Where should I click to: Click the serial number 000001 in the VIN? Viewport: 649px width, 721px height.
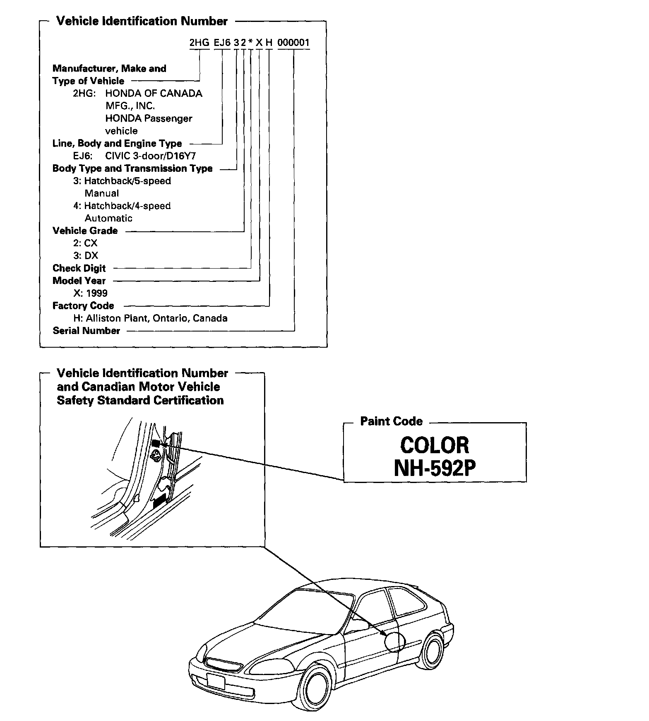point(293,43)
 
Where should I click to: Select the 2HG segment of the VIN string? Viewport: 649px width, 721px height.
point(199,43)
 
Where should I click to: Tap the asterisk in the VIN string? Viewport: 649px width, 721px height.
point(251,43)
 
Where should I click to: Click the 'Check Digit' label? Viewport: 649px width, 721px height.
point(79,268)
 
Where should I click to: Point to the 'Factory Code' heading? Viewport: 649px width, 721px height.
point(83,306)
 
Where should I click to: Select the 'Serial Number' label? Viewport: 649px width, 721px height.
point(86,331)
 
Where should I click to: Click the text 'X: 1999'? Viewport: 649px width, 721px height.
point(90,293)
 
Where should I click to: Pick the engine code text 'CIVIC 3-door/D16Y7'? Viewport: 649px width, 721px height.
point(150,156)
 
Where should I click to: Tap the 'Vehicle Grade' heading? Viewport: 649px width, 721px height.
point(85,231)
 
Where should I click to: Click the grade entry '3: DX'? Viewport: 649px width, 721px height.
point(86,256)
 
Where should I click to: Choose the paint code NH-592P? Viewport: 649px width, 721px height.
point(435,469)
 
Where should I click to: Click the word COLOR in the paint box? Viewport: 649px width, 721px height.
point(435,445)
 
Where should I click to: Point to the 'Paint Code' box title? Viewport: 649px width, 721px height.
point(391,421)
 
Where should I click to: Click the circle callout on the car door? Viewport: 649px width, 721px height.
point(394,642)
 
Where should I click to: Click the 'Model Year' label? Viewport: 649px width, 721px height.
point(79,281)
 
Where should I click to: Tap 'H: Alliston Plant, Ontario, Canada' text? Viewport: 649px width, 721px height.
point(150,318)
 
